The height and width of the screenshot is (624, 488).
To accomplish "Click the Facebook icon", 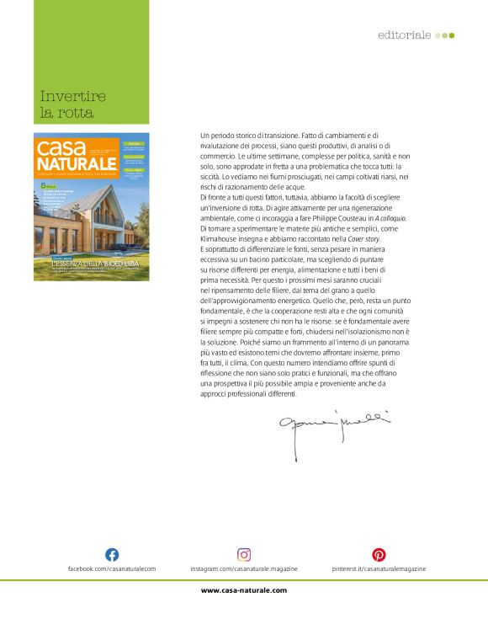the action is [111, 554].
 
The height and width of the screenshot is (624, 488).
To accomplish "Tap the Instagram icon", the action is [244, 554].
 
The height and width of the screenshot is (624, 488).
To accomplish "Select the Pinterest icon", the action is [379, 554].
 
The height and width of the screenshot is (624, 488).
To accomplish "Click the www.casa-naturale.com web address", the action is [244, 590].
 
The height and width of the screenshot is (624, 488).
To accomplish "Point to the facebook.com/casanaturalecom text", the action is [112, 569].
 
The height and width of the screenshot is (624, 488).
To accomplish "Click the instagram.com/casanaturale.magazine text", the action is [244, 569].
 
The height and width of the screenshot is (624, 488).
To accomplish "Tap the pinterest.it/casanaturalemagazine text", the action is [379, 569].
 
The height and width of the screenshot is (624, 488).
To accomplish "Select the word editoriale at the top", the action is [405, 35].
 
